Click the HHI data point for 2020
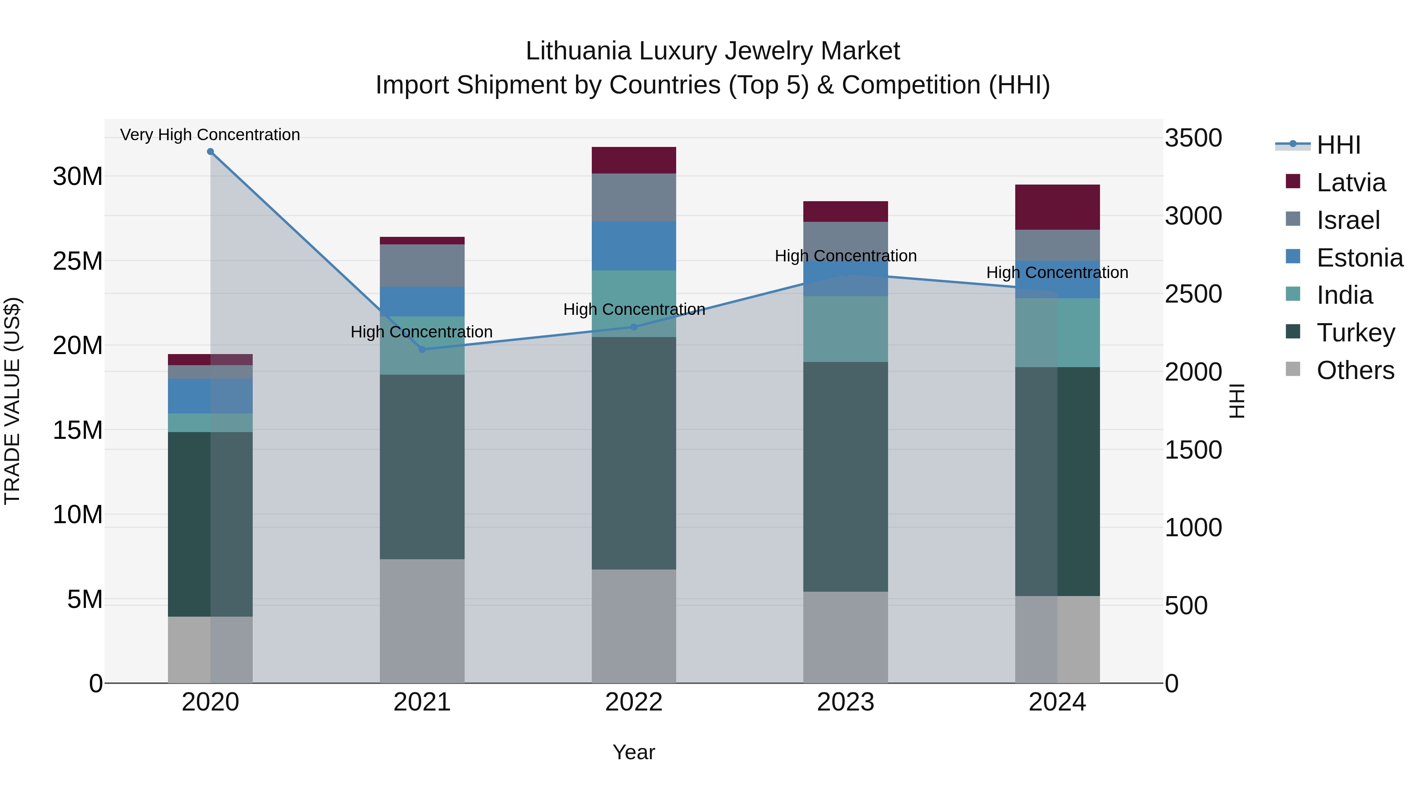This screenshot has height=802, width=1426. pos(210,152)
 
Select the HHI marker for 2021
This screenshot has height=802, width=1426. pos(422,349)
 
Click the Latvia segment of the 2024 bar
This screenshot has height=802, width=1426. pos(1057,207)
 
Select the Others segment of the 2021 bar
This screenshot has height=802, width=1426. pos(422,621)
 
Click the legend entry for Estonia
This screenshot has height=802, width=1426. pos(1359,258)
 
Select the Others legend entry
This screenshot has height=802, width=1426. pos(1355,370)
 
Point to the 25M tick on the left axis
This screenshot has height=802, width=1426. pos(78,261)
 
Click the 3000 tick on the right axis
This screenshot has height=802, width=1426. pos(1193,216)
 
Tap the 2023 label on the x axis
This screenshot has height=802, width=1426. pos(845,702)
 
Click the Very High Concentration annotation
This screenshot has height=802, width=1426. pos(210,135)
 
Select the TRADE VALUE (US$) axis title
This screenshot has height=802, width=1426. pos(12,401)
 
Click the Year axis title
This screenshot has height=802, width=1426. pos(634,752)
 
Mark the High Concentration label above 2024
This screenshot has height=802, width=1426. pos(1057,272)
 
